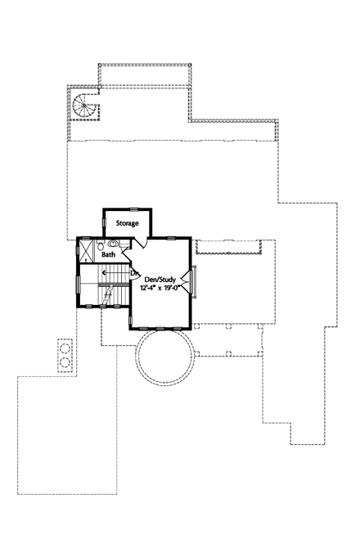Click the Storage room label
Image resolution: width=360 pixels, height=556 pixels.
pyautogui.click(x=127, y=222)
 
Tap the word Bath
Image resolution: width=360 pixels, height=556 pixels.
pyautogui.click(x=109, y=254)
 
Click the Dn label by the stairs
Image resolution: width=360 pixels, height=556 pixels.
pyautogui.click(x=134, y=273)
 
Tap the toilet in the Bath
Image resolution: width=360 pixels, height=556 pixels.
pyautogui.click(x=100, y=244)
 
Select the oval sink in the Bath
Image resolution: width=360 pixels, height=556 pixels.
pyautogui.click(x=113, y=243)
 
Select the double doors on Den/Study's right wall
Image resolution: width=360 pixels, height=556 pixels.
pyautogui.click(x=191, y=280)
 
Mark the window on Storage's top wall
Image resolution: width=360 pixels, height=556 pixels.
pyautogui.click(x=127, y=208)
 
